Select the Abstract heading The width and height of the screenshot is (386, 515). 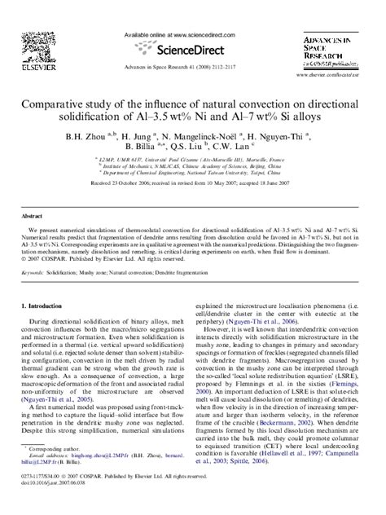33,218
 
